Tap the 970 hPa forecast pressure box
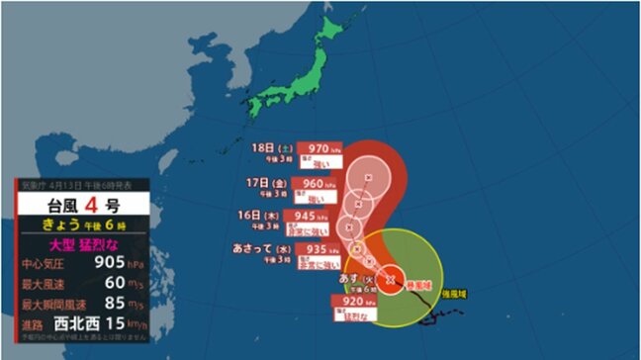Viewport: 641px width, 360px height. pyautogui.click(x=325, y=145)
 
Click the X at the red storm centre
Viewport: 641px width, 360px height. pyautogui.click(x=390, y=279)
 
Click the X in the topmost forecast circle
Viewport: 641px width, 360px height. pyautogui.click(x=369, y=178)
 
